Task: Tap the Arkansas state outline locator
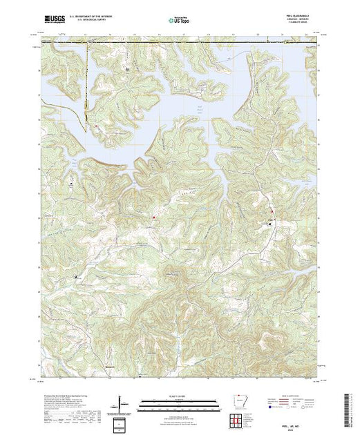click(x=240, y=402)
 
